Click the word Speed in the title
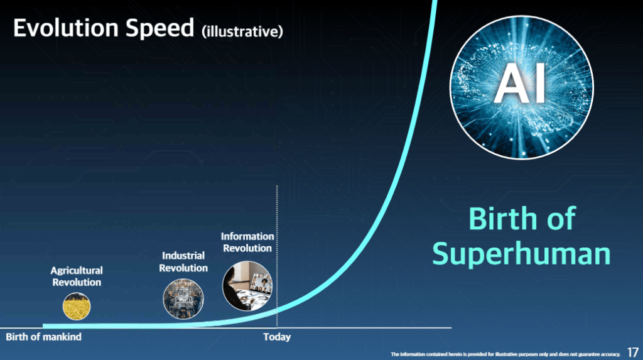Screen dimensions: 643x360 pos(159,29)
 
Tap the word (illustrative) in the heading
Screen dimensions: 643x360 pos(242,31)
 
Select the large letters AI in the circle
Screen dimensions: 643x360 pos(521,84)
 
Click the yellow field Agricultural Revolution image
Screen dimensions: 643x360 pos(77,306)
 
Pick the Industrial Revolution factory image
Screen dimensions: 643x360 pos(183,299)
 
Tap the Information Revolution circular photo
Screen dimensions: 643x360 pos(247,286)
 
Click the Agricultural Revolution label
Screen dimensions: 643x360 pos(77,276)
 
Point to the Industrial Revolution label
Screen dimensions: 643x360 pos(183,261)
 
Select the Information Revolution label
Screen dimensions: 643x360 pos(247,242)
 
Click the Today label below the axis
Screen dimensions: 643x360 pos(277,337)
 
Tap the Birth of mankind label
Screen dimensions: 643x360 pos(43,337)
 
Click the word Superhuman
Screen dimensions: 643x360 pos(521,254)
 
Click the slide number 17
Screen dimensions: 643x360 pos(632,352)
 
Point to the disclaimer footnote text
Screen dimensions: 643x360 pos(505,354)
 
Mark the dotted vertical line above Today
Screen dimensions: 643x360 pos(277,256)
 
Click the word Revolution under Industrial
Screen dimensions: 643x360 pos(183,268)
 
